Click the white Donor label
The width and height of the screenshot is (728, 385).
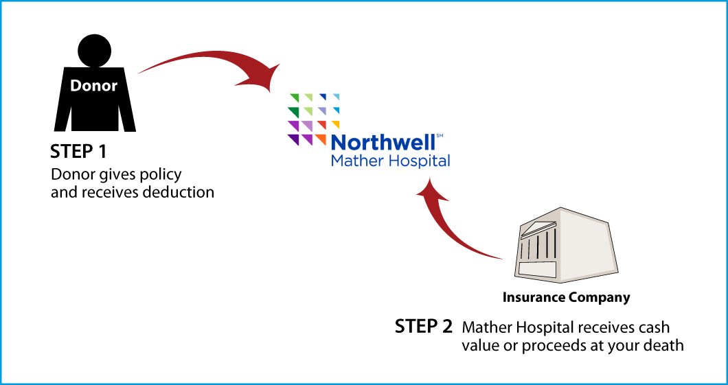pyautogui.click(x=93, y=86)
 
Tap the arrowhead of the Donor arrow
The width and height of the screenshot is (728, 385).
pyautogui.click(x=264, y=80)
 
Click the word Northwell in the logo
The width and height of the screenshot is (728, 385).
pyautogui.click(x=383, y=143)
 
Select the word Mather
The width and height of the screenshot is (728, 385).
pyautogui.click(x=354, y=161)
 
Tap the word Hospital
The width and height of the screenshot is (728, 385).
pyautogui.click(x=419, y=162)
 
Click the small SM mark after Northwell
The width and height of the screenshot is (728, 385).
pyautogui.click(x=440, y=137)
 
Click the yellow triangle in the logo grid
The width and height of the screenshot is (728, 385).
pyautogui.click(x=337, y=124)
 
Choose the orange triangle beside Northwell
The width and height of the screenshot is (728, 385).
pyautogui.click(x=321, y=139)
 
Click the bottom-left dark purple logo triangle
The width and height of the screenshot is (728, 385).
pyautogui.click(x=293, y=139)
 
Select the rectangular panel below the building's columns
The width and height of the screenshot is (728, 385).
pyautogui.click(x=536, y=269)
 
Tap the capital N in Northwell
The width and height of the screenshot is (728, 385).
pyautogui.click(x=339, y=143)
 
